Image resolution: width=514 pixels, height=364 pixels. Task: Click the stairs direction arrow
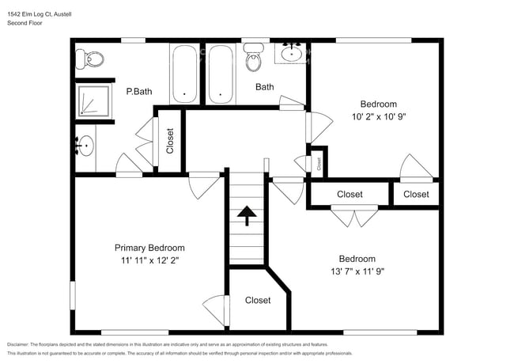click(x=247, y=215)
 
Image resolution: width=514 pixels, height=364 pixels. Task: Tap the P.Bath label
click(x=139, y=91)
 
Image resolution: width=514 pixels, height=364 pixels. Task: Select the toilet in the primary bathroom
click(x=89, y=57)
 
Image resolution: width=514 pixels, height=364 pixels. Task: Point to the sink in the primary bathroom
click(x=85, y=146)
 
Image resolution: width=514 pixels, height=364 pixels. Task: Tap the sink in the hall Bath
click(x=292, y=54)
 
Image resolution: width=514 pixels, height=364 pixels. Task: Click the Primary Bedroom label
click(x=149, y=247)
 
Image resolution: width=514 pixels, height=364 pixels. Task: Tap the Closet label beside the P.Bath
click(x=170, y=141)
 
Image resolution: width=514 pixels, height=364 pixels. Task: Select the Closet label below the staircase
click(x=258, y=300)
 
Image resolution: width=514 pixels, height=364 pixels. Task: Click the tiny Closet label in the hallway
click(x=319, y=164)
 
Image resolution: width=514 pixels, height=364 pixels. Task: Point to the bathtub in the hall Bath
click(x=221, y=74)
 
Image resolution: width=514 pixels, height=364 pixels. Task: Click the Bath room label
click(x=264, y=87)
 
